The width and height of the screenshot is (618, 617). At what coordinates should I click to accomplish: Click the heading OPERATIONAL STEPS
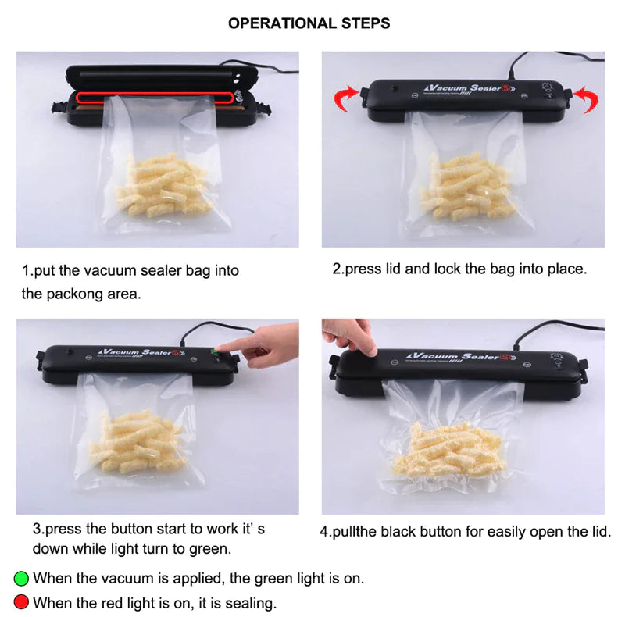(x=309, y=23)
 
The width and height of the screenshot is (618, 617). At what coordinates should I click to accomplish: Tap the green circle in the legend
(x=21, y=579)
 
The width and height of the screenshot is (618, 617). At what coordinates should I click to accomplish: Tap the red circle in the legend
(x=21, y=602)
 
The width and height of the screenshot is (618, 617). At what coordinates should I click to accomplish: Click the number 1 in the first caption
(x=25, y=271)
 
